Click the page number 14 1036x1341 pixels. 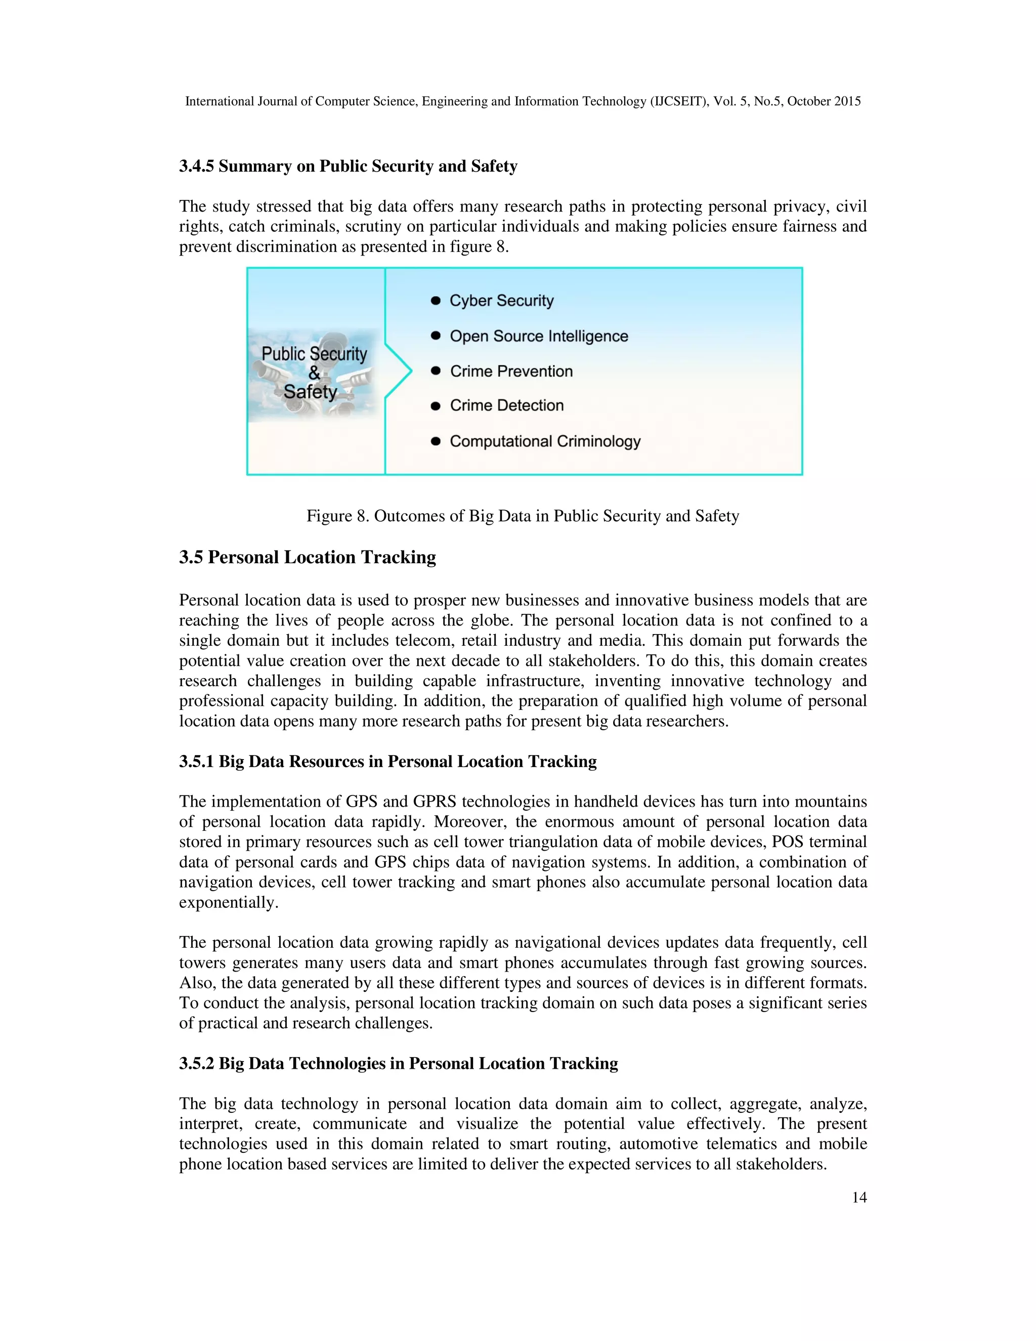pos(858,1198)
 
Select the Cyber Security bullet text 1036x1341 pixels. pos(501,301)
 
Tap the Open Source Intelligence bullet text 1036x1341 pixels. pos(539,337)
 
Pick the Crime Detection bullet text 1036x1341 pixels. pos(506,406)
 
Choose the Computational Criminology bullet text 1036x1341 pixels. pos(545,441)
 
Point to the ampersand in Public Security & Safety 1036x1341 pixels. pos(314,373)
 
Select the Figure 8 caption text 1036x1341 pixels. pos(522,516)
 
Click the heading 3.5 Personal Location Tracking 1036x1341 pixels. pos(308,558)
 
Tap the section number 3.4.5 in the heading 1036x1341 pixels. pos(196,166)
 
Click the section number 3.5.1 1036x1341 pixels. pos(196,762)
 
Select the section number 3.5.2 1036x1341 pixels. pos(196,1064)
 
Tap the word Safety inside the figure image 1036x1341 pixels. pos(310,392)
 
